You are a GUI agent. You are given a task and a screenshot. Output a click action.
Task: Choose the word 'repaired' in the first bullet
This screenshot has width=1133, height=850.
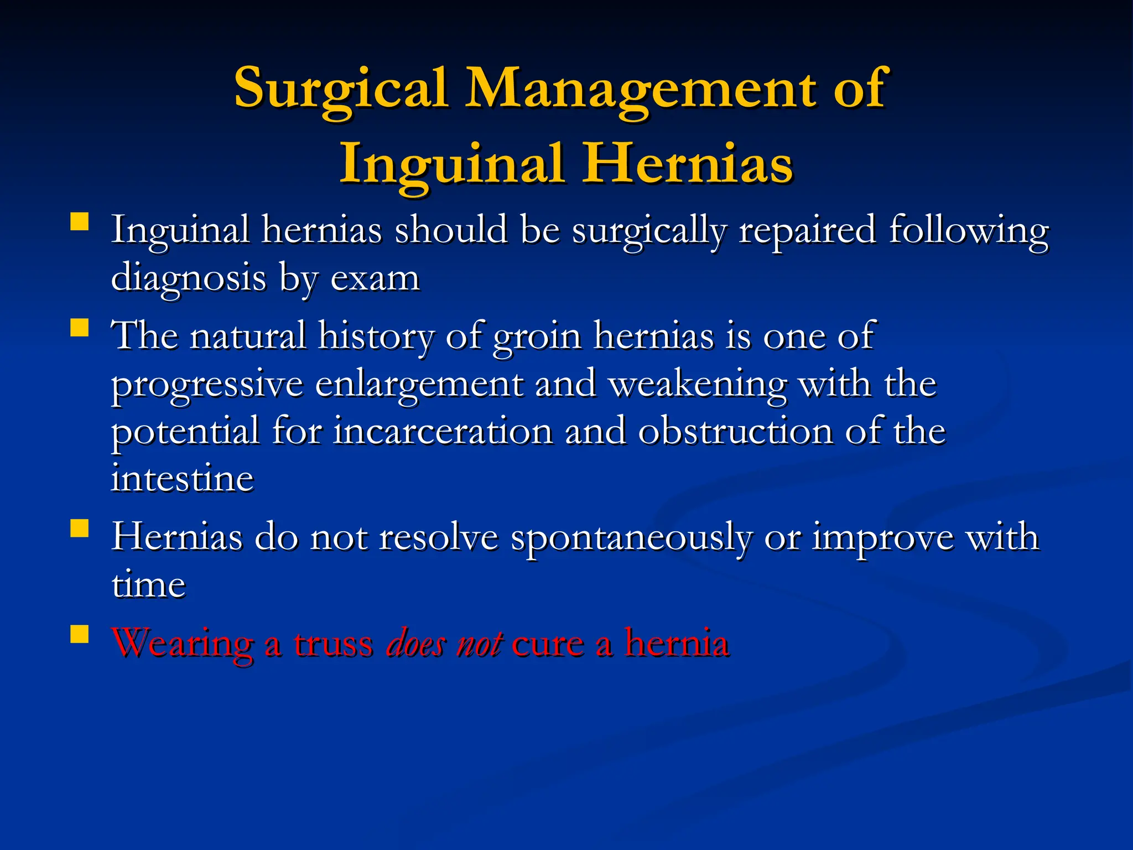coord(807,230)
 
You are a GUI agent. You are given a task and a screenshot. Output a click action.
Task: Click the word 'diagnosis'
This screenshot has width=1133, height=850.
coord(189,278)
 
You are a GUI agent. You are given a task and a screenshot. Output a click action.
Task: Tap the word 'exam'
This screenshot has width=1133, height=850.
coord(375,278)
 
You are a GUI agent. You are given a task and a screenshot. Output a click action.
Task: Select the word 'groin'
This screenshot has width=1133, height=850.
coord(537,336)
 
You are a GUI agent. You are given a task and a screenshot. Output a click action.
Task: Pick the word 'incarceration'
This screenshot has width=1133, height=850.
coord(443,431)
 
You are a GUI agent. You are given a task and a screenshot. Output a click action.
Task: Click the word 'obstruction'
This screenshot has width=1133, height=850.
coord(735,431)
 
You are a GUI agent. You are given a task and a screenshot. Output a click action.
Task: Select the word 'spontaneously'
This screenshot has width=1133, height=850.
coord(631,538)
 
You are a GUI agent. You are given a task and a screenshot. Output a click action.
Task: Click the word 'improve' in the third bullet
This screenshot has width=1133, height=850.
coord(883,538)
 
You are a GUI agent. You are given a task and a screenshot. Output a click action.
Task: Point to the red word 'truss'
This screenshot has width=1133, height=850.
coord(333,644)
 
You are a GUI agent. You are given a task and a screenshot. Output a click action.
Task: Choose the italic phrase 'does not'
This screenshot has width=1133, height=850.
coord(444,644)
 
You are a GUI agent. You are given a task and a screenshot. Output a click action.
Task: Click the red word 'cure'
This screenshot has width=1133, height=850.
coord(548,644)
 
